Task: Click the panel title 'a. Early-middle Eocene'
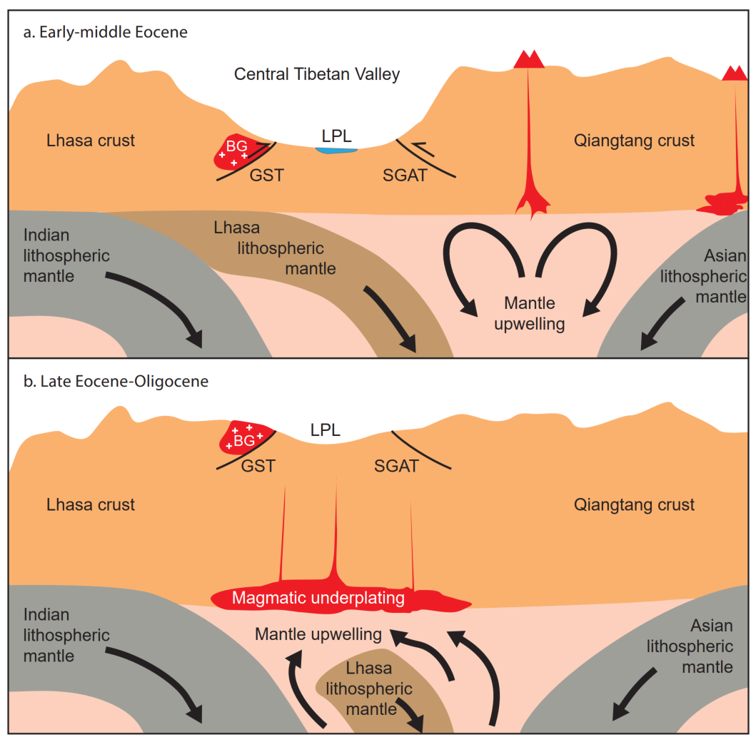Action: pos(106,32)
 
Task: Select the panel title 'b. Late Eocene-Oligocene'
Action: pos(116,382)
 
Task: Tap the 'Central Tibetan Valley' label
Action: pos(317,74)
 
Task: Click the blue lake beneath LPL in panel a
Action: pos(336,151)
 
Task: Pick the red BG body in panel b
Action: pos(245,437)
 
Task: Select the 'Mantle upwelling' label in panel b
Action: pos(318,634)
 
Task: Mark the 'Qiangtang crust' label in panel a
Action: pos(634,141)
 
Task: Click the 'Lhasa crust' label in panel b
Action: pos(91,504)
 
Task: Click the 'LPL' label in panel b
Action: pos(325,430)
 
